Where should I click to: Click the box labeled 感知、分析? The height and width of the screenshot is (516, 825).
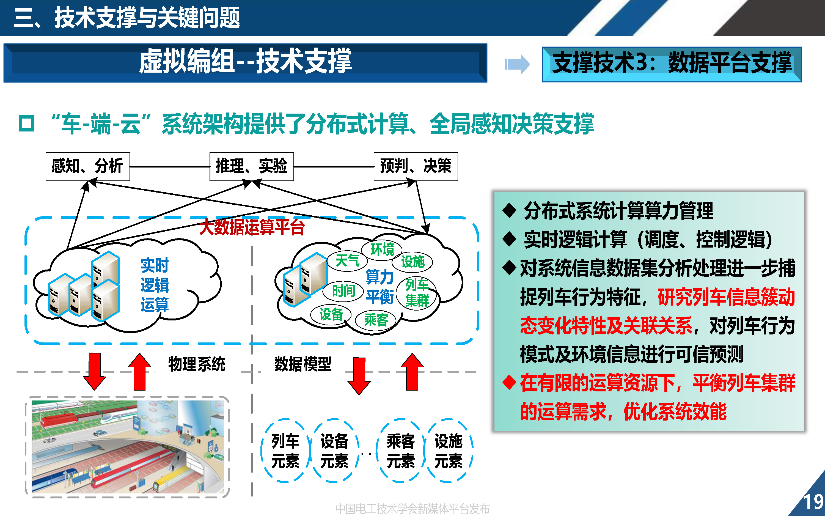(x=88, y=166)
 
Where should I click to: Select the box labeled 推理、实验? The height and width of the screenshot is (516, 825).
(x=251, y=166)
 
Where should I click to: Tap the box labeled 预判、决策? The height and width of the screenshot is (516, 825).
(x=416, y=166)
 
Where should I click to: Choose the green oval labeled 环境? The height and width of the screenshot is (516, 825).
(x=382, y=249)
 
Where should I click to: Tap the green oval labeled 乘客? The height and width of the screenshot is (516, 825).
(x=376, y=320)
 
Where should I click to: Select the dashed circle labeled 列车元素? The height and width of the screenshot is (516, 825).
(x=285, y=451)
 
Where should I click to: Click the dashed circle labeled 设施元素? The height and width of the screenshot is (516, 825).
(x=448, y=451)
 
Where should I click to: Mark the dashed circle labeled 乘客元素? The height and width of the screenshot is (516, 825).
(x=401, y=451)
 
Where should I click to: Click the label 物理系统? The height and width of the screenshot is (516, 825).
(x=197, y=364)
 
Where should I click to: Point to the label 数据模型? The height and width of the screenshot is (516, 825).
(x=302, y=364)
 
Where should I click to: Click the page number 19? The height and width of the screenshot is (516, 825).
(x=814, y=502)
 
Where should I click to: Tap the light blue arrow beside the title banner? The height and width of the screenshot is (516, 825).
(x=517, y=64)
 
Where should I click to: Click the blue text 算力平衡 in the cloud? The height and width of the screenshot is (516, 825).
(x=380, y=287)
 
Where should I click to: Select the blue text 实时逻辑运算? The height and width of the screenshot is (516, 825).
(x=155, y=285)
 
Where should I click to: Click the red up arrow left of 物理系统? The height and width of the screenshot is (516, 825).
(x=139, y=372)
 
